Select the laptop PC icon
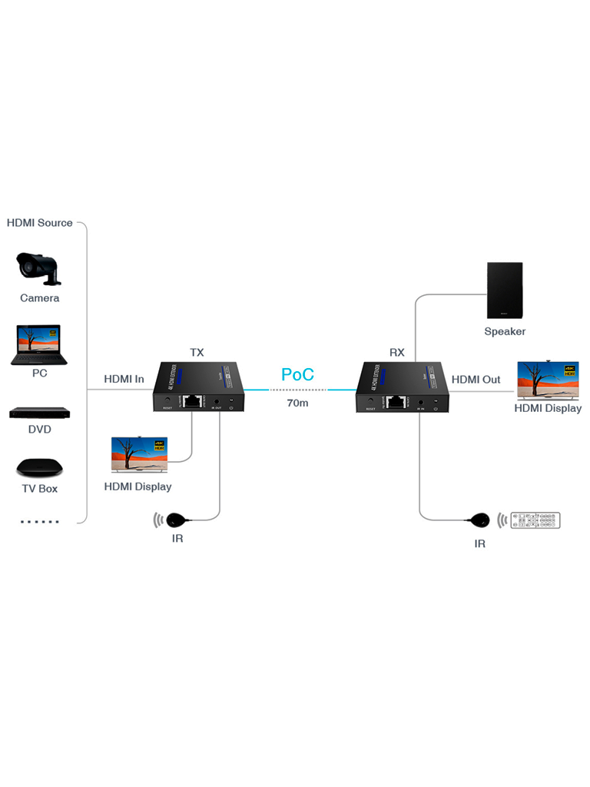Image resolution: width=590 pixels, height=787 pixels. click(39, 344)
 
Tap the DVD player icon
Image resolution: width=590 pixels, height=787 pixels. click(39, 413)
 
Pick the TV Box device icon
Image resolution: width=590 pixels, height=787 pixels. click(38, 467)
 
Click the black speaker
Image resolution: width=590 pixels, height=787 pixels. click(505, 291)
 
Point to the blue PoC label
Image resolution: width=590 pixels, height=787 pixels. click(297, 375)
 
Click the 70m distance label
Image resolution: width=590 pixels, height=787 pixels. click(297, 403)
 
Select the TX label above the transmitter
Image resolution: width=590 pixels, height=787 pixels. click(197, 353)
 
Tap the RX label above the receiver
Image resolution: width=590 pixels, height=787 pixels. click(396, 353)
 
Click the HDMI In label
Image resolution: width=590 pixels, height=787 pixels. click(124, 379)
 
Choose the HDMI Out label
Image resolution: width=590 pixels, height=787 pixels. click(476, 380)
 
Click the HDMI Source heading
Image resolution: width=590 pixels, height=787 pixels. click(40, 223)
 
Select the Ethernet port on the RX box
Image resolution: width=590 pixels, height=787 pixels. click(396, 400)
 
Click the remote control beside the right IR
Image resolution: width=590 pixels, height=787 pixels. click(536, 520)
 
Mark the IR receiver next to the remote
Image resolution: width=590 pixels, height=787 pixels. click(479, 521)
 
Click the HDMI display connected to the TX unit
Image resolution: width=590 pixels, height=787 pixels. click(139, 453)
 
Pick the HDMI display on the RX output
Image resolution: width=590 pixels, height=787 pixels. click(548, 380)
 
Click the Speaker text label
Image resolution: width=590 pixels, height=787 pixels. click(505, 332)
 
